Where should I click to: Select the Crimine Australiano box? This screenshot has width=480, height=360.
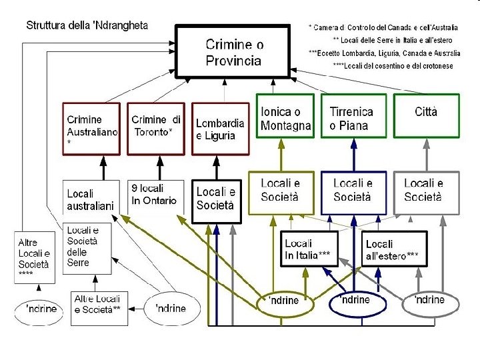click(91, 128)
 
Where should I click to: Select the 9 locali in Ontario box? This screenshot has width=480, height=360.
click(155, 195)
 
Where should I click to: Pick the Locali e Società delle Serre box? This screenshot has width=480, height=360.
click(87, 247)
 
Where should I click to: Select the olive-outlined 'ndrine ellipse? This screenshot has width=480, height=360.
click(286, 303)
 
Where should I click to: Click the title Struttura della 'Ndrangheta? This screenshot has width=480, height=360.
click(87, 26)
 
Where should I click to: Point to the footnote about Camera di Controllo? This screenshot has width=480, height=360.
click(384, 28)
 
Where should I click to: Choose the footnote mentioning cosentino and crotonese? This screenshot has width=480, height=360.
click(393, 65)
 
